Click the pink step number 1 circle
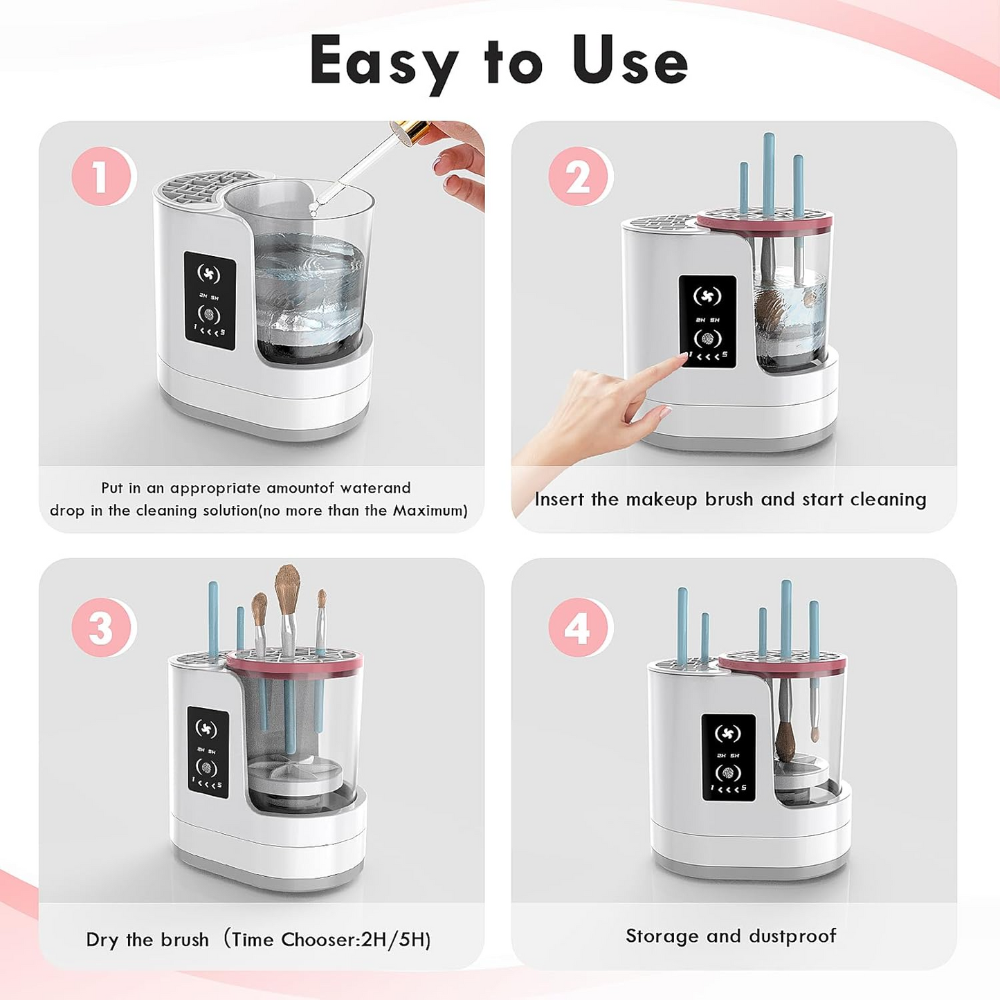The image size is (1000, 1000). pyautogui.click(x=102, y=176)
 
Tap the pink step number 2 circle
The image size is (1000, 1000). pyautogui.click(x=578, y=176)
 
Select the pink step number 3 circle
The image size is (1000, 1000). pyautogui.click(x=102, y=628)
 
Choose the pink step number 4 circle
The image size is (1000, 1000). pyautogui.click(x=578, y=628)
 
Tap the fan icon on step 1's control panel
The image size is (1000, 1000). pyautogui.click(x=209, y=274)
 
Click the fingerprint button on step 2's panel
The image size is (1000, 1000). pyautogui.click(x=707, y=339)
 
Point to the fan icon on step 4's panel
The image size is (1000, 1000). pyautogui.click(x=728, y=734)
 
